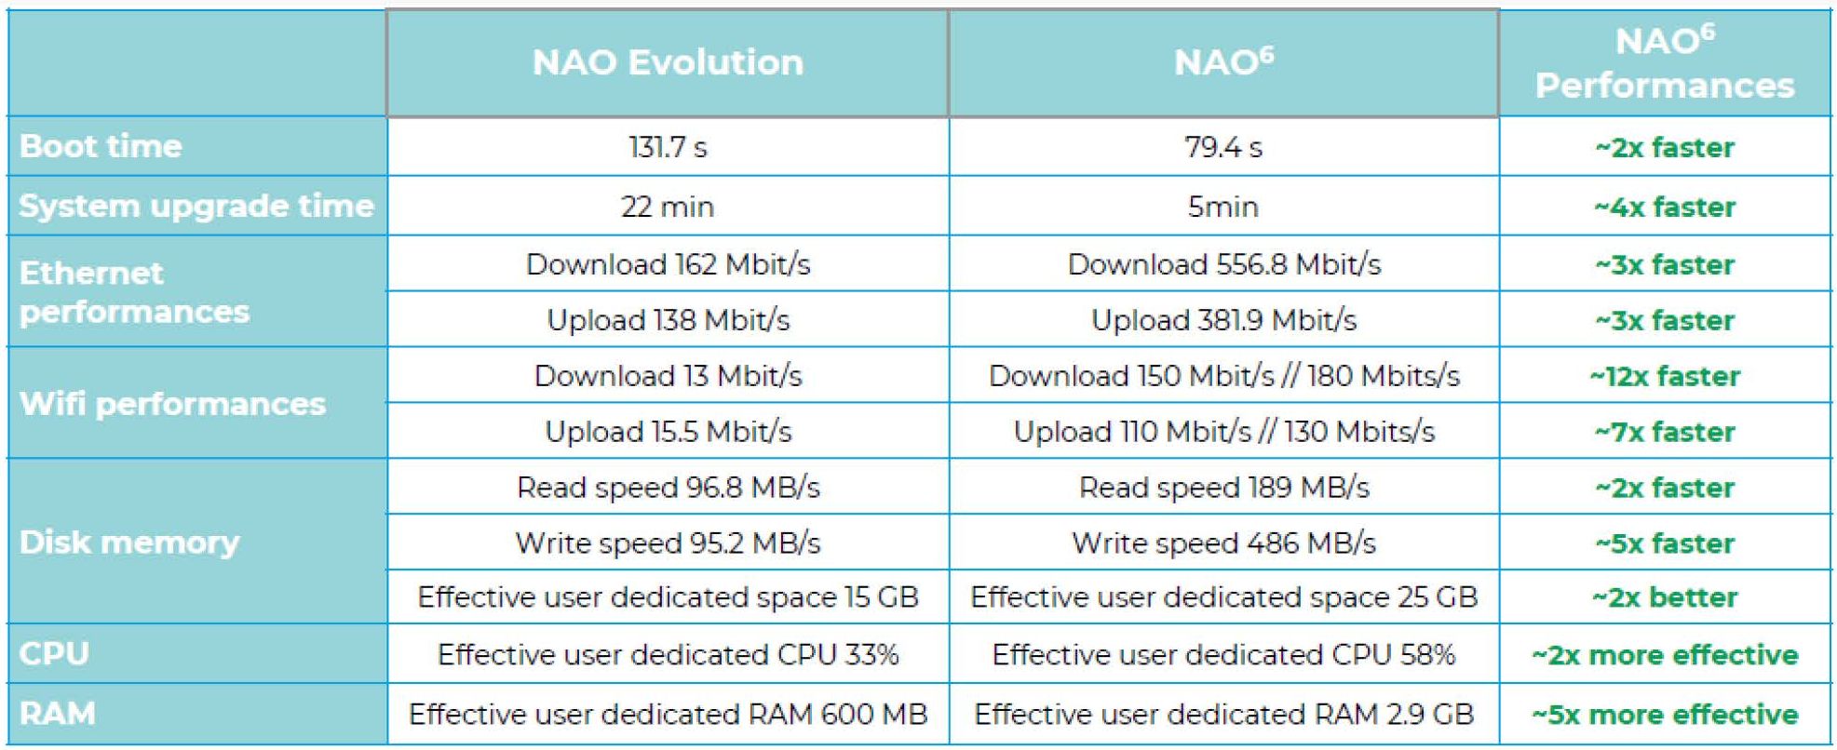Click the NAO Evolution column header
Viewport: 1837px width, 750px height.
[x=668, y=63]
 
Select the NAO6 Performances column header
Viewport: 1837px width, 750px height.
[x=1664, y=63]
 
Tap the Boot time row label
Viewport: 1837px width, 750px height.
[x=101, y=146]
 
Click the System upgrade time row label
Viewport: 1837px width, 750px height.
[x=196, y=206]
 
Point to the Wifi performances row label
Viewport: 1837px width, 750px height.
[x=173, y=404]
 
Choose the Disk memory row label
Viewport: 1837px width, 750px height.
[x=129, y=542]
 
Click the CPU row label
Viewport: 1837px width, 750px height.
[x=54, y=653]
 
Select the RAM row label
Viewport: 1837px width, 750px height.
[x=58, y=714]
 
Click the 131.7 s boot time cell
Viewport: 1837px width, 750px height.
[x=668, y=147]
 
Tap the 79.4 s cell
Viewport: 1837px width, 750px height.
[x=1223, y=147]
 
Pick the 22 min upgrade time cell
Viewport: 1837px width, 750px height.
[x=668, y=206]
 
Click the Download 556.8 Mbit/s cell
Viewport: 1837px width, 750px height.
[x=1223, y=264]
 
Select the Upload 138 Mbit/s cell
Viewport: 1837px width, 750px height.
[x=668, y=320]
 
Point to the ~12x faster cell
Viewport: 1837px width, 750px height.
[x=1664, y=376]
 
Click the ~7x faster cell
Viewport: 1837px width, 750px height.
[x=1664, y=432]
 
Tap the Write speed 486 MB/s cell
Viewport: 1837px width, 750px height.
[x=1223, y=542]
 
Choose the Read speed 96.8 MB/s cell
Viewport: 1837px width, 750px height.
[x=668, y=488]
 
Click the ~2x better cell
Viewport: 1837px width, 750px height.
[x=1664, y=596]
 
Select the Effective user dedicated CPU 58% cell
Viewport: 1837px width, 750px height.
[x=1223, y=654]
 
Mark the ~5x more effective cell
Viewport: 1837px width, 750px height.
[x=1664, y=714]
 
